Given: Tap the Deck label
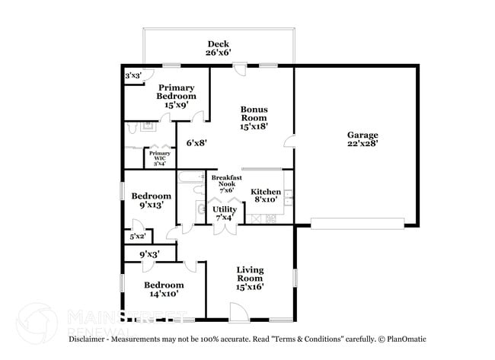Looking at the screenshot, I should [217, 43].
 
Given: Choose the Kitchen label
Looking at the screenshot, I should [267, 192].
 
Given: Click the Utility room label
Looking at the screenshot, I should [225, 209].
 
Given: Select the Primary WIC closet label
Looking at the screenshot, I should [159, 153].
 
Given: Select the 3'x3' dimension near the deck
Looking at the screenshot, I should [133, 76].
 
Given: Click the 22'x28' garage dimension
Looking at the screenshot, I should [362, 142].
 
